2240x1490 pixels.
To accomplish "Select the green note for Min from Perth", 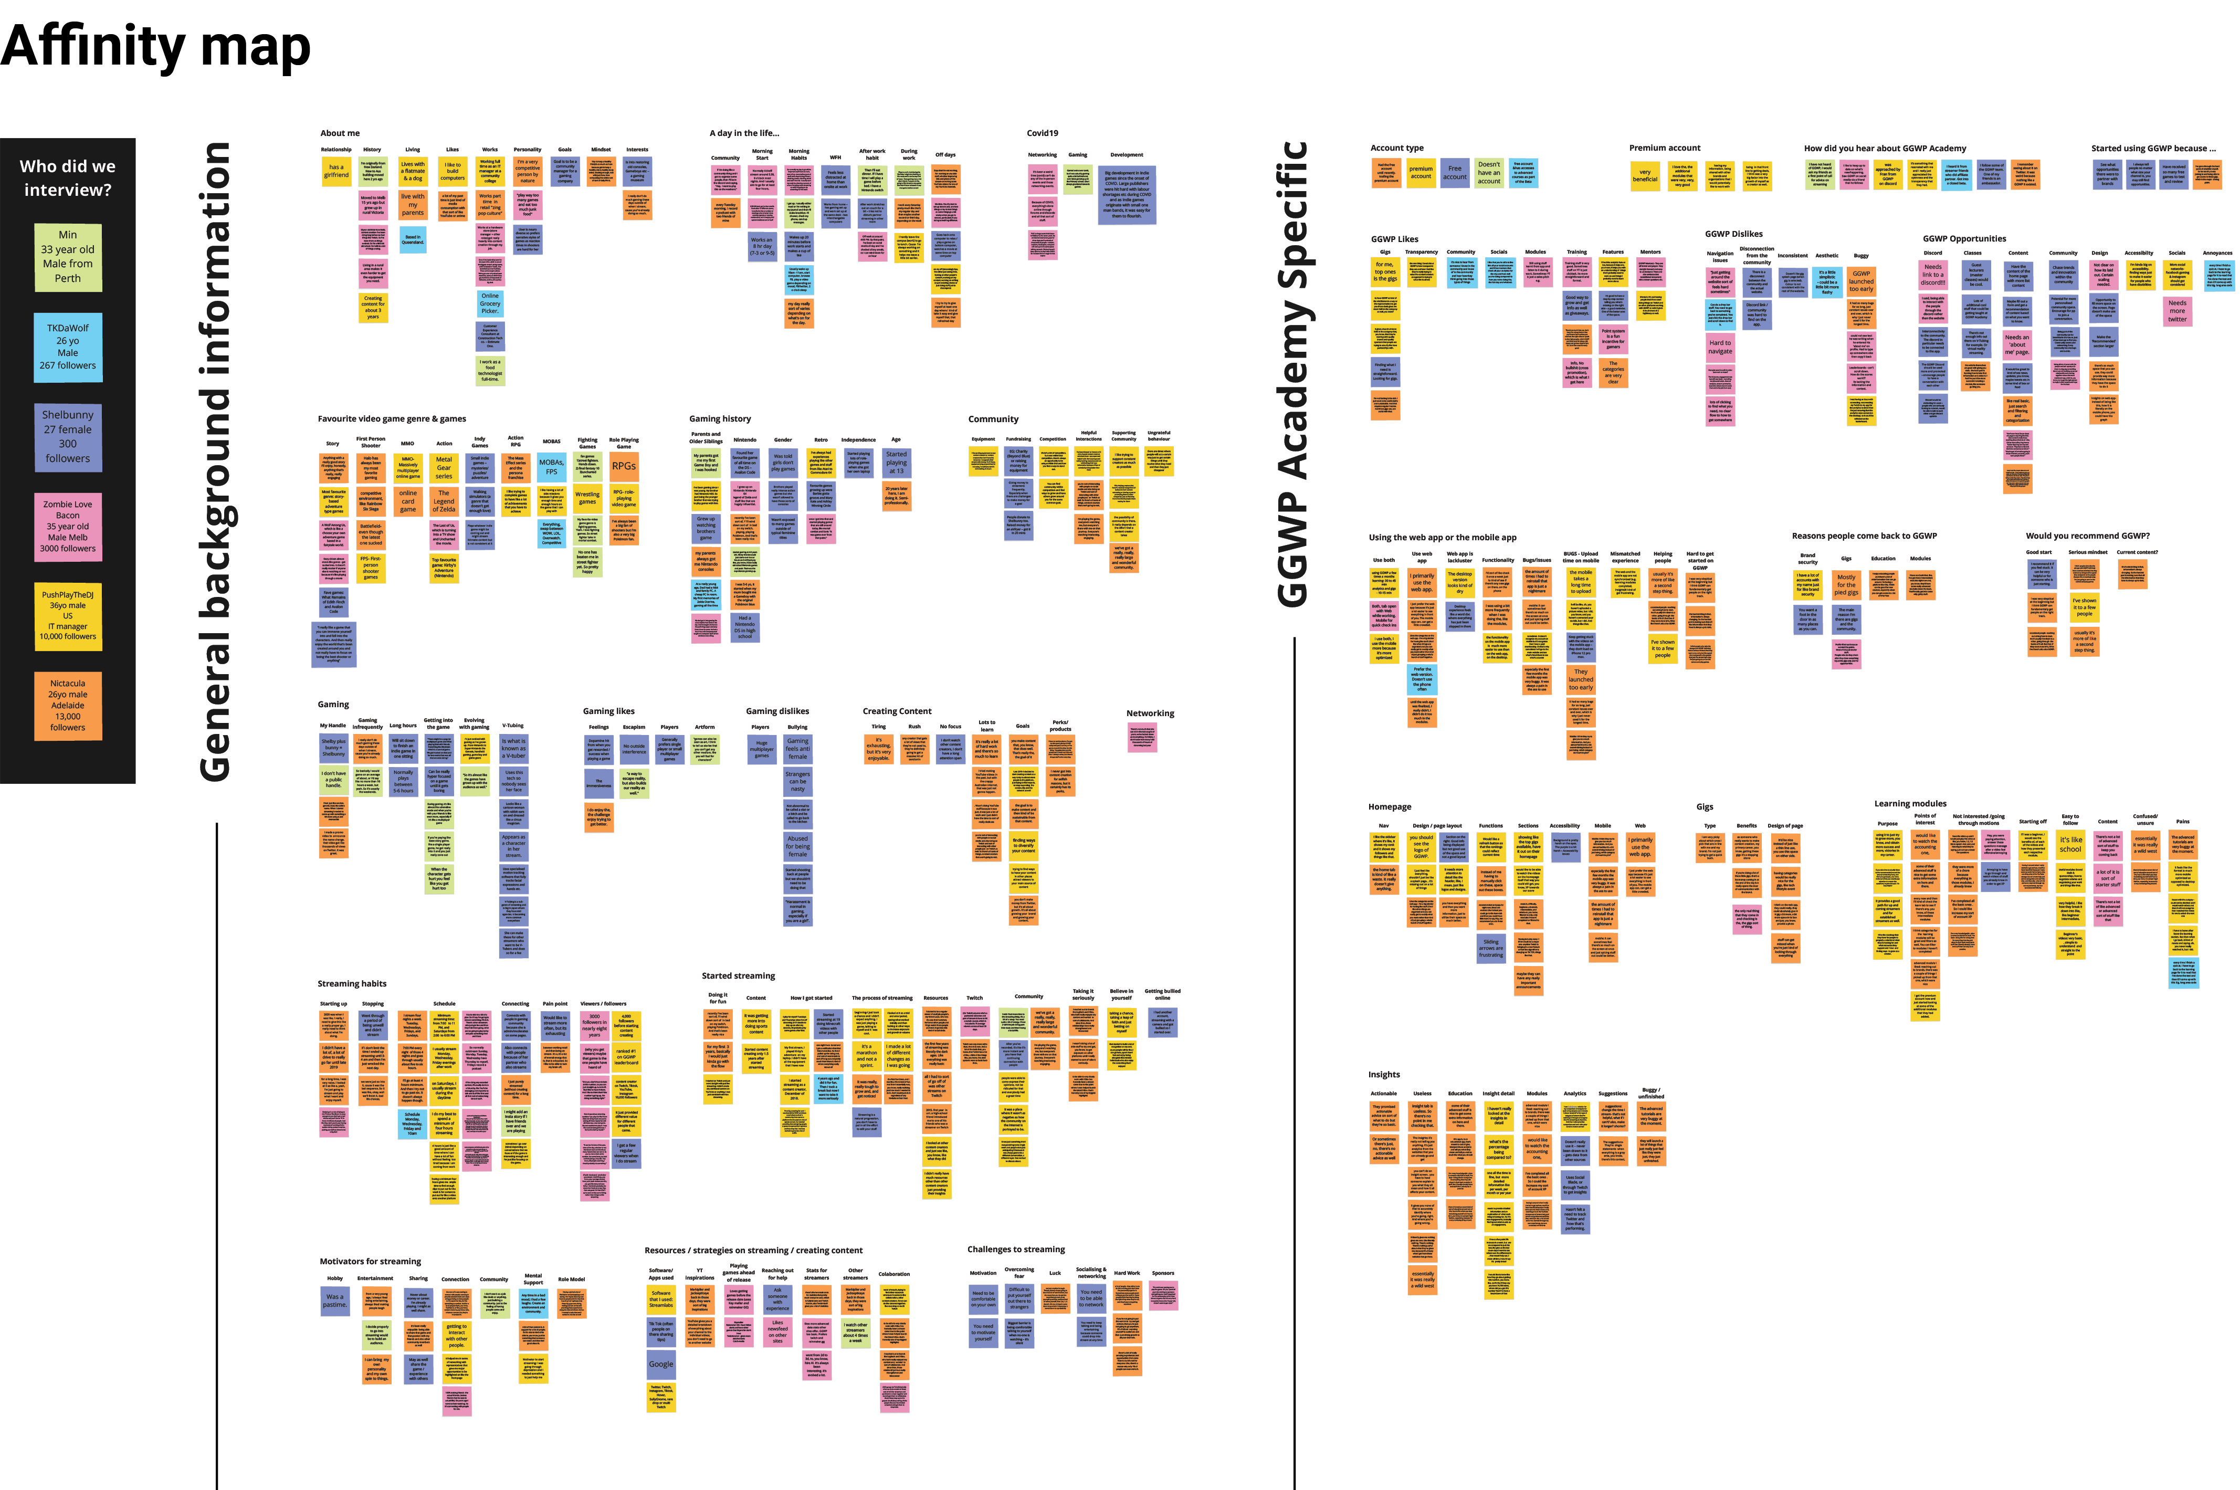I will (x=67, y=257).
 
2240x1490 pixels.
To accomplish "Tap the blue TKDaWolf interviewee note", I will (x=67, y=347).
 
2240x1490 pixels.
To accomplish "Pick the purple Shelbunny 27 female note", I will (x=67, y=436).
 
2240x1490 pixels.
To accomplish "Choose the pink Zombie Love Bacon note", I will (x=67, y=527).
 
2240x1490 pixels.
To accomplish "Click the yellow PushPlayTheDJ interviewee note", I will (x=67, y=616).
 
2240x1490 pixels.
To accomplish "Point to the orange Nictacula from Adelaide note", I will (x=67, y=705).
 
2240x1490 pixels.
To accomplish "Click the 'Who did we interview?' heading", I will (x=67, y=177).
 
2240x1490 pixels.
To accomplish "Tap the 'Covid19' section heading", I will (x=1042, y=133).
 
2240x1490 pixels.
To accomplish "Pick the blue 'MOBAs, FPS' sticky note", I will (x=551, y=467).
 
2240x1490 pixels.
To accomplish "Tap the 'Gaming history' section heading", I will (x=720, y=419).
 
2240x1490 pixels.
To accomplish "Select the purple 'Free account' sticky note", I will (x=1454, y=173).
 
